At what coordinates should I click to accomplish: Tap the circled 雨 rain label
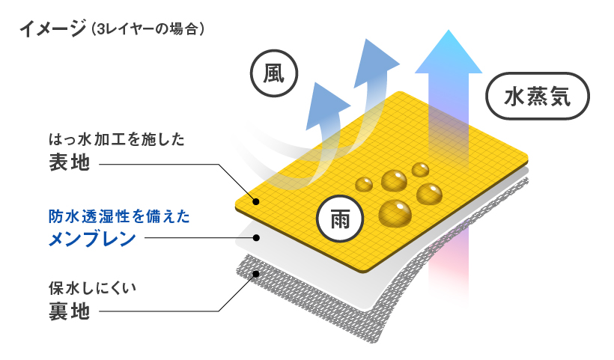340,219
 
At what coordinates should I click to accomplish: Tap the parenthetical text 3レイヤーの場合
147,30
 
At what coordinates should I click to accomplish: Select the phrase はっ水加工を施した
116,138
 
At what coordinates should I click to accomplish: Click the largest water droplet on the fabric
394,213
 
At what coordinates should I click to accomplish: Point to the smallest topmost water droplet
420,169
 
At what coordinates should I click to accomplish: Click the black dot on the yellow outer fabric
256,201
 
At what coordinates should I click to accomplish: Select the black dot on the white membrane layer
256,238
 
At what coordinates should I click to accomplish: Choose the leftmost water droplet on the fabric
365,184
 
